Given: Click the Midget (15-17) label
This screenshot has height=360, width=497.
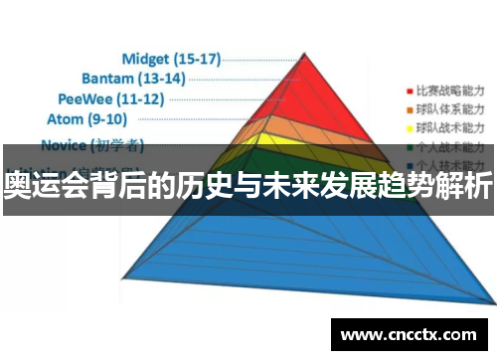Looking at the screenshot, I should click(x=171, y=58).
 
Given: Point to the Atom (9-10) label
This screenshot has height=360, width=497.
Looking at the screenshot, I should click(x=86, y=119).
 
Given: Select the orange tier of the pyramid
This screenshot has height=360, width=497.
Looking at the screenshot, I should click(x=308, y=134).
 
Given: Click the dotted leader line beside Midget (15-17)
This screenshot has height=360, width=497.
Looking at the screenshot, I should click(x=260, y=58).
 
